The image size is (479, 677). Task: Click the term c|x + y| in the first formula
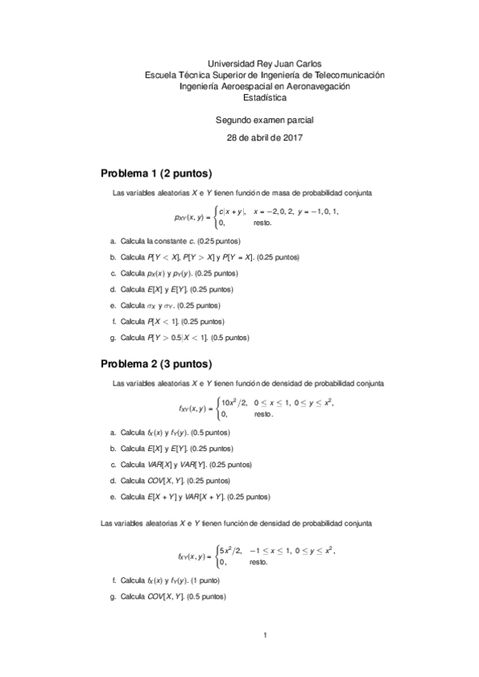pos(233,211)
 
